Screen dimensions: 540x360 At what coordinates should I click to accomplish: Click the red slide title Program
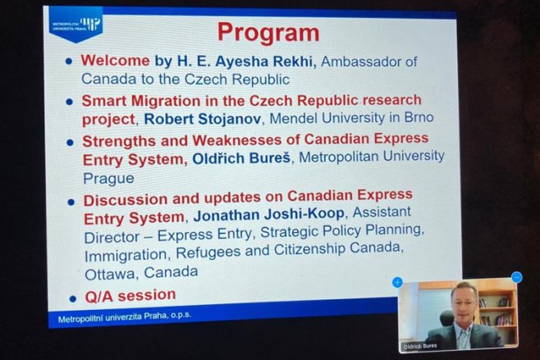pyautogui.click(x=268, y=34)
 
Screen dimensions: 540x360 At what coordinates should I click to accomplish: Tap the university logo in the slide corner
pyautogui.click(x=76, y=25)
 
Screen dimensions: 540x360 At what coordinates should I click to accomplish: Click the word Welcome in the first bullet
pyautogui.click(x=115, y=61)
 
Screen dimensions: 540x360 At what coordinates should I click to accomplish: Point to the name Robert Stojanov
pyautogui.click(x=203, y=119)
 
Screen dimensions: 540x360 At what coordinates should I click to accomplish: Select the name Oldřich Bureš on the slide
pyautogui.click(x=241, y=158)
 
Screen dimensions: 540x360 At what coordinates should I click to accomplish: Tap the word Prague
pyautogui.click(x=108, y=179)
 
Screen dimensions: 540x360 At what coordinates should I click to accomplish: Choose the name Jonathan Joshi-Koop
pyautogui.click(x=268, y=215)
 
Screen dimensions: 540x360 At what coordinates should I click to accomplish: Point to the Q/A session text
pyautogui.click(x=130, y=296)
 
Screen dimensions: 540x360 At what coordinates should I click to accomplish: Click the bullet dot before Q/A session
pyautogui.click(x=72, y=298)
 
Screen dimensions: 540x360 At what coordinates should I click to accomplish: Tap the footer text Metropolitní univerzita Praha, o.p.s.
pyautogui.click(x=124, y=317)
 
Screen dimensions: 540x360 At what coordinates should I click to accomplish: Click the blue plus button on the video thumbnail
pyautogui.click(x=397, y=283)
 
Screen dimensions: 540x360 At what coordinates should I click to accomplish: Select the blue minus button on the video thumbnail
pyautogui.click(x=516, y=277)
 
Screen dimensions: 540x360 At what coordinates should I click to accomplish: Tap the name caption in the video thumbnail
pyautogui.click(x=420, y=346)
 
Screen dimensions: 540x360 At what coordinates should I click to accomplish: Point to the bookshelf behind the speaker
pyautogui.click(x=497, y=310)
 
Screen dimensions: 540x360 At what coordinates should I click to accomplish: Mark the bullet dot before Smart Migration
pyautogui.click(x=70, y=102)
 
